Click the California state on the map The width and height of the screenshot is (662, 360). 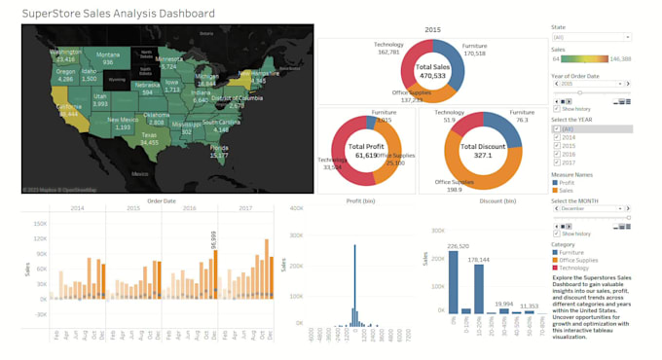[x=66, y=110]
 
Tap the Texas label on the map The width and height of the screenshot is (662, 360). [x=149, y=136]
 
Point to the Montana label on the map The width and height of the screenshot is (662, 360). [x=108, y=54]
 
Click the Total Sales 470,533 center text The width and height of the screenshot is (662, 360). [x=431, y=71]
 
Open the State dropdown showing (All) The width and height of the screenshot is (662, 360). [x=591, y=37]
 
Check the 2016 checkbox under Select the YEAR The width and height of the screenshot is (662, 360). [x=556, y=155]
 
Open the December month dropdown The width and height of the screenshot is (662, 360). [x=591, y=208]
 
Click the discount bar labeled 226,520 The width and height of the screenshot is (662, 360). [x=453, y=282]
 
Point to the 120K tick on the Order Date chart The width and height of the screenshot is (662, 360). [x=40, y=237]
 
